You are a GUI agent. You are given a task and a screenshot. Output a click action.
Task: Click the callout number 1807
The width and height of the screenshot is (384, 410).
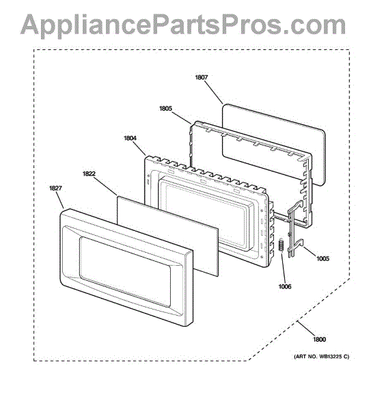coord(202,77)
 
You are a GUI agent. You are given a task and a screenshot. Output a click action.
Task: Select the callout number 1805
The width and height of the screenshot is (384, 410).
coord(165,108)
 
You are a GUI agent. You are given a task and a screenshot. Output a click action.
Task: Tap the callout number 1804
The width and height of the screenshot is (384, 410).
coord(131,138)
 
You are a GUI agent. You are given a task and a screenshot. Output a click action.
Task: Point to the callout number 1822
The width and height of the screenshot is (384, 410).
coord(89,174)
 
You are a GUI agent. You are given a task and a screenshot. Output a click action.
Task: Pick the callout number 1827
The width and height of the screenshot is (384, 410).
coord(55,188)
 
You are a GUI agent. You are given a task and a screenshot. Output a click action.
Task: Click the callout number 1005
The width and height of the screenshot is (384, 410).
coord(323,258)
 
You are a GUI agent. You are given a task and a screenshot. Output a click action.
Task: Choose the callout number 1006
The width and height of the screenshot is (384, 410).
coord(285,286)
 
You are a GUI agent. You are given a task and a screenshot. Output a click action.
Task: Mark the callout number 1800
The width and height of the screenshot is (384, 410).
coord(320,340)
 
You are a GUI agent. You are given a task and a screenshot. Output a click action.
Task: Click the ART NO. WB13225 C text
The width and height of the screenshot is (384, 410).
coord(322,357)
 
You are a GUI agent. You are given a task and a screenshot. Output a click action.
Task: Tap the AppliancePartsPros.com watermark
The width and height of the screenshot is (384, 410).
coord(183,25)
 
